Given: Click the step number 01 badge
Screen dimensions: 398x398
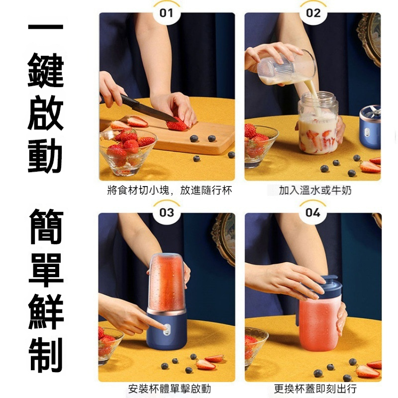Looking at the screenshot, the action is (166, 13).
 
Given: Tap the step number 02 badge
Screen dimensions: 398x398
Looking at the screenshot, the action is (313, 13).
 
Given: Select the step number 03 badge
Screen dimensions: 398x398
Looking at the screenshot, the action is (166, 213).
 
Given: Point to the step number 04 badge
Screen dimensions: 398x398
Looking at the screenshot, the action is (312, 213).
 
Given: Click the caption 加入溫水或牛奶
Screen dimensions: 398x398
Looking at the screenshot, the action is (315, 191).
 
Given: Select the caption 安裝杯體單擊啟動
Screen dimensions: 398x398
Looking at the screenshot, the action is (169, 389).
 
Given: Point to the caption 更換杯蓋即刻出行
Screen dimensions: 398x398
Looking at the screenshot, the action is (315, 389).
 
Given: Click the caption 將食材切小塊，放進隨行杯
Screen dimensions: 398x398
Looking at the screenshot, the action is (169, 191).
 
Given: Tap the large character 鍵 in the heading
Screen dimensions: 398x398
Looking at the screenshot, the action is (46, 70).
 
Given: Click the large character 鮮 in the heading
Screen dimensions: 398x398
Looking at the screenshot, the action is (46, 312).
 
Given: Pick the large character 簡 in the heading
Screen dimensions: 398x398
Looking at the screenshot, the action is (46, 226).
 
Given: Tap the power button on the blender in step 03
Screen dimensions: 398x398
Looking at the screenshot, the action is (167, 329).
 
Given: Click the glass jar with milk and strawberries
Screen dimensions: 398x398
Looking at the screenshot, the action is (318, 123).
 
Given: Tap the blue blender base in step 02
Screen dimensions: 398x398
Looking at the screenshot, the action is (370, 127).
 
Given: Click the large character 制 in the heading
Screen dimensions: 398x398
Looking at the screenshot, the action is (46, 355).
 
